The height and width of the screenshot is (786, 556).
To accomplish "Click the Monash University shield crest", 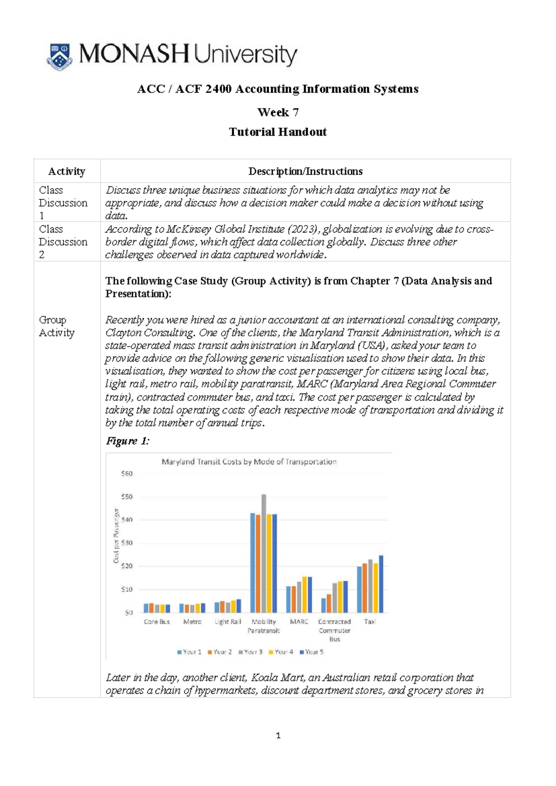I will pos(59,57).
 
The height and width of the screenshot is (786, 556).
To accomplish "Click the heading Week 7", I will pos(278,113).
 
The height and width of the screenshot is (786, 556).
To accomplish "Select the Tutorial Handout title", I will pos(278,132).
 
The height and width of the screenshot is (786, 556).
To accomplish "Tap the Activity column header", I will pos(67,171).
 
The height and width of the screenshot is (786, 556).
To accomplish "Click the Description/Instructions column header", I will pos(305,171).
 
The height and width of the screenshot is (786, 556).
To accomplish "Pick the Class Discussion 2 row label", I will pos(63,241).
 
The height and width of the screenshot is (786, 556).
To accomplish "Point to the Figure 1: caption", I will pos(127,441).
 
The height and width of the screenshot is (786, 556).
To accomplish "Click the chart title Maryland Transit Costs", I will pos(249,462).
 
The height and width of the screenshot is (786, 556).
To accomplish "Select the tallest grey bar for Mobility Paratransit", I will pos(264,553).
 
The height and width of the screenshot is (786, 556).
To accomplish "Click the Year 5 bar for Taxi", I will pos(381,584).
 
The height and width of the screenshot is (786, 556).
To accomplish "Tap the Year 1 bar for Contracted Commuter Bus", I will pos(323,605).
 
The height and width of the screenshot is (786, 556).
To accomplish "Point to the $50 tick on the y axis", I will pos(126,497).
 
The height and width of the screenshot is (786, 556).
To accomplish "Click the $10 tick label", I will pos(126,589).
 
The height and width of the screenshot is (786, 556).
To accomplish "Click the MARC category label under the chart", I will pos(299,622).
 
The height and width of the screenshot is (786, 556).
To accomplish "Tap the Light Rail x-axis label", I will pos(227,622).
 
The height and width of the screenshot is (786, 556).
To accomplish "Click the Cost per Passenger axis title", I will pos(116,536).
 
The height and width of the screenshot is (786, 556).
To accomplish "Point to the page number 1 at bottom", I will pos(278,735).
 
